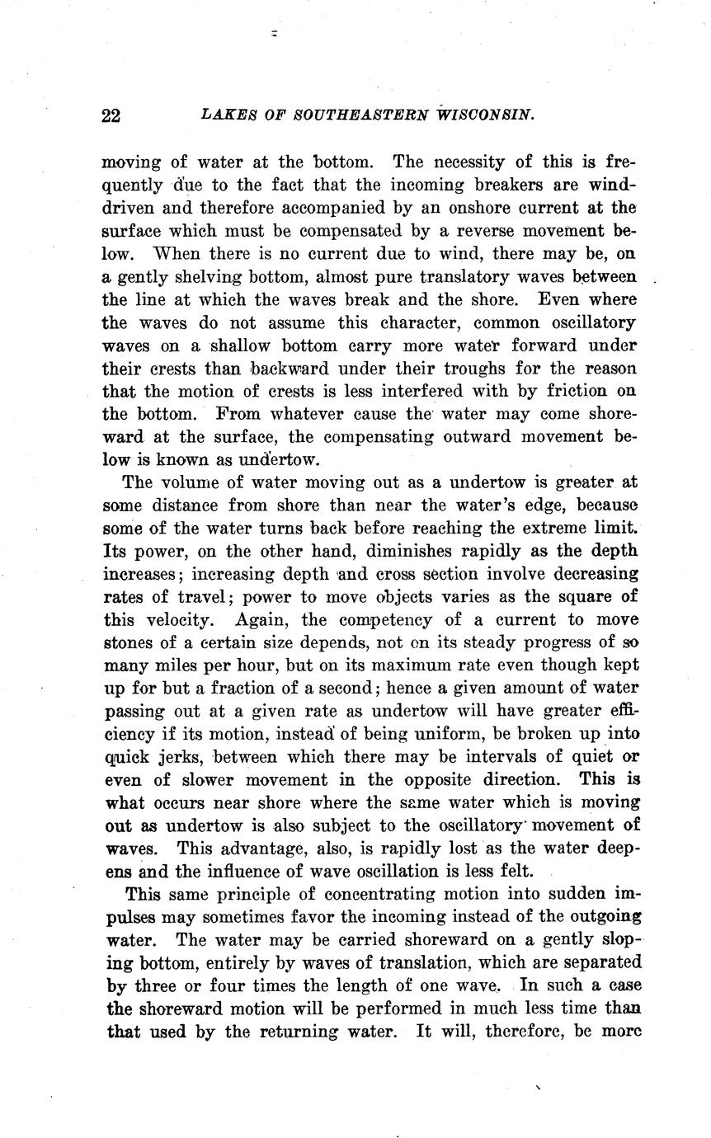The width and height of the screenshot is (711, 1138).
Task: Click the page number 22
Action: click(111, 115)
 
